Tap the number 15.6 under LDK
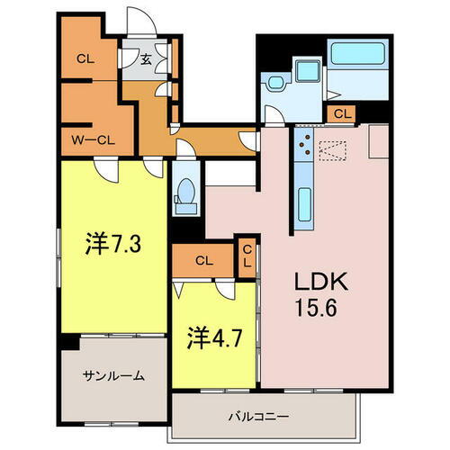tap(314, 308)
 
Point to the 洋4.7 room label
tap(214, 340)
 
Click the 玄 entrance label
tap(146, 60)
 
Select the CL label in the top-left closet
tap(85, 60)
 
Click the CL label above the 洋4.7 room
tap(203, 261)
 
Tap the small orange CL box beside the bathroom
tap(341, 113)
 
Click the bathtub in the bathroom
tap(358, 52)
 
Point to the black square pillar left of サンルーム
tap(67, 342)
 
